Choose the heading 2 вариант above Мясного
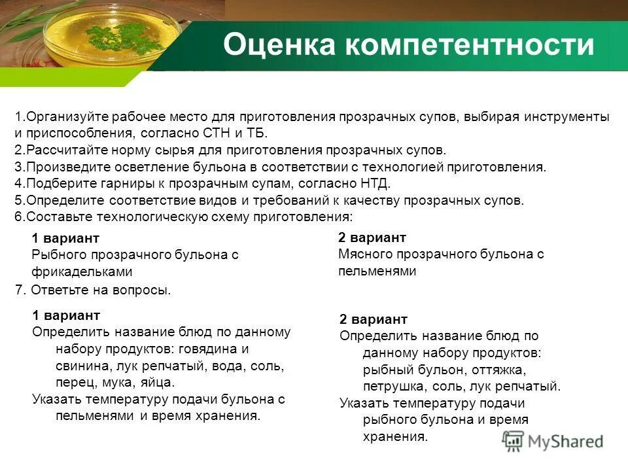pyautogui.click(x=372, y=237)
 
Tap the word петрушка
pyautogui.click(x=396, y=386)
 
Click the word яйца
pyautogui.click(x=156, y=383)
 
